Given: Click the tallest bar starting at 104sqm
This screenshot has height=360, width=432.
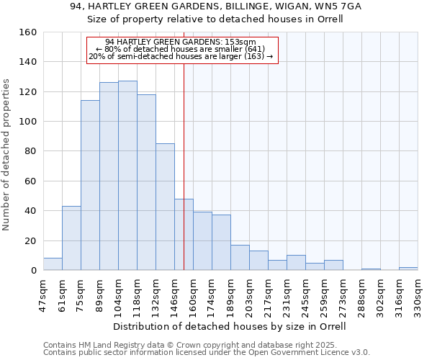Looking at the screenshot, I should pyautogui.click(x=127, y=176).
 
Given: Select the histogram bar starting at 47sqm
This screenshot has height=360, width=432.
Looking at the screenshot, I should pyautogui.click(x=53, y=264).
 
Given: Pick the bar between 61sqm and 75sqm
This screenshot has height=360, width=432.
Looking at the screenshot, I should pyautogui.click(x=71, y=238).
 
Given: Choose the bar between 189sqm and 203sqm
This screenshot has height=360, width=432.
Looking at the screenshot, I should pyautogui.click(x=240, y=258).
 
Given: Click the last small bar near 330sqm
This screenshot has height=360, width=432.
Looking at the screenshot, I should pyautogui.click(x=408, y=269).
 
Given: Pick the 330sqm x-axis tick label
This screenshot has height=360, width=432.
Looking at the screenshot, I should pyautogui.click(x=418, y=293).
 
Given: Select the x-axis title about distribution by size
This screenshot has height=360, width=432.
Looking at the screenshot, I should pyautogui.click(x=230, y=326).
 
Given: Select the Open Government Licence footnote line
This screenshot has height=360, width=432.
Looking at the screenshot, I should pyautogui.click(x=207, y=353).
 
